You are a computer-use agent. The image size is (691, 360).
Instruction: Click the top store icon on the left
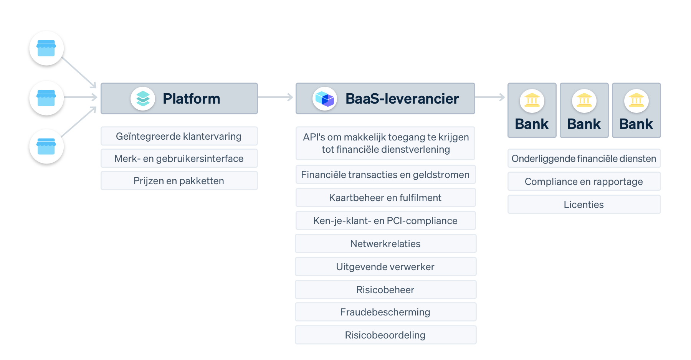point(46,48)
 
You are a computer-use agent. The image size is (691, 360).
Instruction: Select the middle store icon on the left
point(46,98)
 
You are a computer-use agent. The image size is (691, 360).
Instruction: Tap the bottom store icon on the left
point(46,147)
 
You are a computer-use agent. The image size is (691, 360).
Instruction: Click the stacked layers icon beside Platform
point(143,99)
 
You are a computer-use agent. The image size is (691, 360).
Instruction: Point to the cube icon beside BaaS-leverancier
point(325,99)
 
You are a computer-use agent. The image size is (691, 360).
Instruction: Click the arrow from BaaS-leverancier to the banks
point(490,97)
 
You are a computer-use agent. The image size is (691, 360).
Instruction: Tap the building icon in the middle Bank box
point(584,101)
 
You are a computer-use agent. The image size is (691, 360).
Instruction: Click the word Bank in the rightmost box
point(636,124)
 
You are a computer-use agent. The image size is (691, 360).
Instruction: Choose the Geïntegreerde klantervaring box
point(179,136)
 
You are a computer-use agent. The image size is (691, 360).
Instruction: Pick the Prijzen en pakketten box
point(179,181)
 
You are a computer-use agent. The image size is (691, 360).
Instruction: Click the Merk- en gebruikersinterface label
point(179,159)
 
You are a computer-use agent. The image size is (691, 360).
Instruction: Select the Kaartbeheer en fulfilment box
point(385,198)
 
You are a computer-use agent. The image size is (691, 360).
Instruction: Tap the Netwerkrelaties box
point(385,244)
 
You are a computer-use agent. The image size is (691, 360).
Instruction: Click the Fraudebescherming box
point(385,312)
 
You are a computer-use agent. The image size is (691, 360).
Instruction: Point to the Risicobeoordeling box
point(385,335)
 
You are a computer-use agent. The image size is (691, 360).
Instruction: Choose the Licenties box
point(584,205)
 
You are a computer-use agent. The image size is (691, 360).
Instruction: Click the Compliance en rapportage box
point(584,182)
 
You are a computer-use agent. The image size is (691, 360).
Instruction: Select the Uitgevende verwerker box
point(385,267)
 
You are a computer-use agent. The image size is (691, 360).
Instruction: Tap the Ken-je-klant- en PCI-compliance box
point(385,221)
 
